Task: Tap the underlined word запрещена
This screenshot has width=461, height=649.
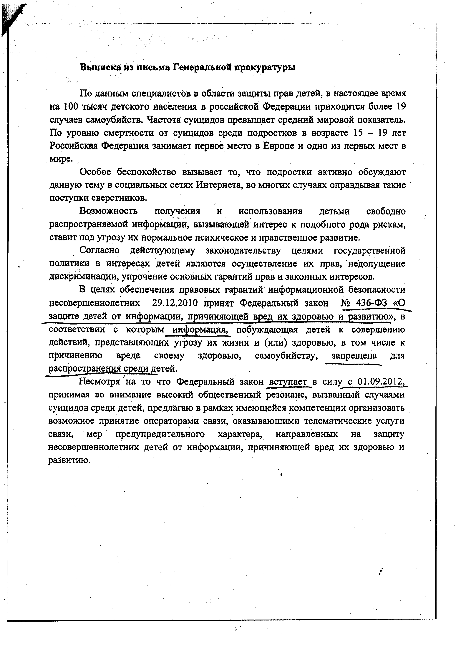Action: tap(354, 356)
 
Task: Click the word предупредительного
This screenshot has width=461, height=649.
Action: tap(160, 434)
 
